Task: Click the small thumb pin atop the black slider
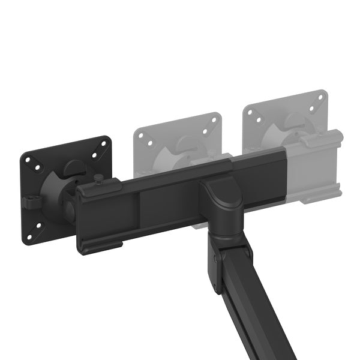click(97, 179)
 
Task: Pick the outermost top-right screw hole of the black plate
click(104, 143)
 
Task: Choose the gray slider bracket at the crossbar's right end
click(315, 168)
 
